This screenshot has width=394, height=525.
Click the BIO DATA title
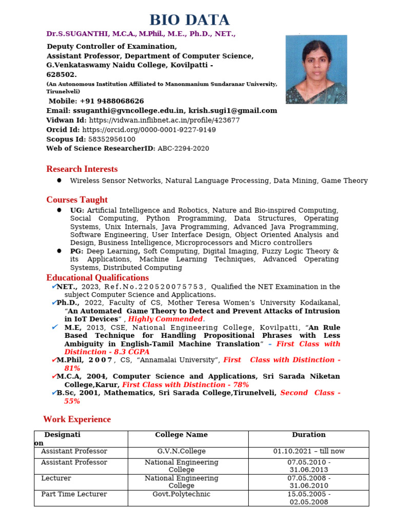point(189,20)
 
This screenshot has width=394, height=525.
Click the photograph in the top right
point(316,69)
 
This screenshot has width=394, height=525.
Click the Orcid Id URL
point(149,130)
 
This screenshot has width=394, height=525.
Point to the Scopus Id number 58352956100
point(112,139)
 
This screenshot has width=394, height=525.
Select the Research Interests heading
point(82,169)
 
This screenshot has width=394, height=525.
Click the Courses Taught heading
point(77,199)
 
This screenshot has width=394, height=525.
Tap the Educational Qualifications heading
point(97,278)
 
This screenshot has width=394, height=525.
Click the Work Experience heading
point(77,419)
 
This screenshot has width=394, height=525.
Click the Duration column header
point(308,435)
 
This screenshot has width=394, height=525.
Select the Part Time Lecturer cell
point(74,494)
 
